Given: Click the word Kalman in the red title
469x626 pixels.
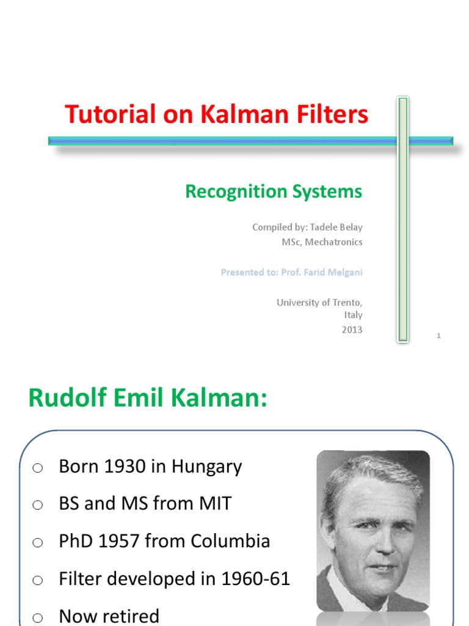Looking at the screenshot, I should (250, 114).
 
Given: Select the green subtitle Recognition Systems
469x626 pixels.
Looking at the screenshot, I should (274, 191).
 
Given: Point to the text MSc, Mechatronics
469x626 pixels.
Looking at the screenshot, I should (322, 242).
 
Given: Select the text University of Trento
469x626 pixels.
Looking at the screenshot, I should (319, 303).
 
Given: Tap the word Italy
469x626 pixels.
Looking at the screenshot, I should (352, 315).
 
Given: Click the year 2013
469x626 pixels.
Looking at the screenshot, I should (352, 330).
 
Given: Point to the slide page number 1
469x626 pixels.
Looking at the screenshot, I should (438, 336).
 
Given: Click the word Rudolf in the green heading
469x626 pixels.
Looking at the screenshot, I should (62, 399).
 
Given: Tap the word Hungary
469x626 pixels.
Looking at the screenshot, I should (207, 467).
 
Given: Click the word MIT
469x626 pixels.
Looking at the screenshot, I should (214, 504).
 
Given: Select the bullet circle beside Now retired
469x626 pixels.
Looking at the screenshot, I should (38, 617).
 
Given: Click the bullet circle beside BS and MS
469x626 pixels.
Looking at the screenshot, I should (38, 505).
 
